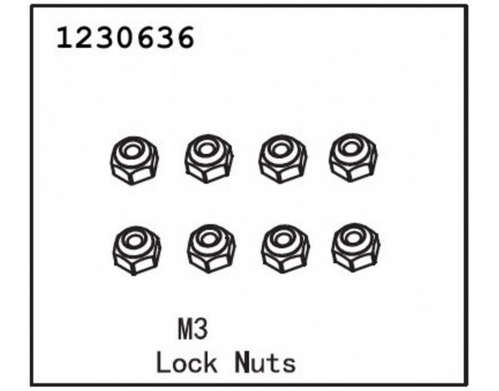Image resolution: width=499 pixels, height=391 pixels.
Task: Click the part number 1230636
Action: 125,37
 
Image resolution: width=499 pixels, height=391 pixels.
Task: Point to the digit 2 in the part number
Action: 86,37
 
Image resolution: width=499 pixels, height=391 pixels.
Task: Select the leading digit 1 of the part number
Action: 65,37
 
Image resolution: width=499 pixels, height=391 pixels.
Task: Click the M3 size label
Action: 193,329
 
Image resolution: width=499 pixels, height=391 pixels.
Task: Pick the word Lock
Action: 186,363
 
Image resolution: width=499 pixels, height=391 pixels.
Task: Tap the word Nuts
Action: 265,363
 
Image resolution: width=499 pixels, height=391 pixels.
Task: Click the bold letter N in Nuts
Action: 243,362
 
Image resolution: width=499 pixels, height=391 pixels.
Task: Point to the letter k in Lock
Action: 209,362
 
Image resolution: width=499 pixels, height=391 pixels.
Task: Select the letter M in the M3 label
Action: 185,329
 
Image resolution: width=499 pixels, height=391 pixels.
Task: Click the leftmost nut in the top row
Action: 134,161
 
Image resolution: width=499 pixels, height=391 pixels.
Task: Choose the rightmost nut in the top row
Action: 353,157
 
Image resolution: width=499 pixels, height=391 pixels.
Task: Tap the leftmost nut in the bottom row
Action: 136,250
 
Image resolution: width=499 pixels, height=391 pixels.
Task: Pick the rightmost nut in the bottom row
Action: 355,248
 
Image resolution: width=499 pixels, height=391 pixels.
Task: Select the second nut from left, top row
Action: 209,159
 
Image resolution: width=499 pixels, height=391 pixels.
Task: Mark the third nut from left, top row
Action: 282,159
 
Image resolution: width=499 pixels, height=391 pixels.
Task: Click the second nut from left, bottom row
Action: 211,249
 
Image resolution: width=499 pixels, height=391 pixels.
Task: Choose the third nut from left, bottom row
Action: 284,249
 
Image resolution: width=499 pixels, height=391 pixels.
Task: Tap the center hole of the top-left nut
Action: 132,151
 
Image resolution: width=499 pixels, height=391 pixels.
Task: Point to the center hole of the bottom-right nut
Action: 353,238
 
